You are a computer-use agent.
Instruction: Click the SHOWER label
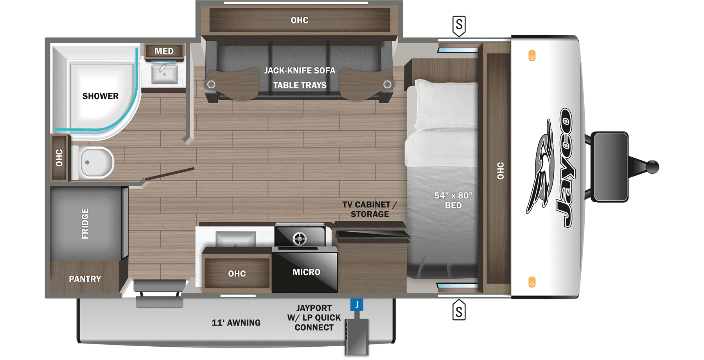[x=100, y=96]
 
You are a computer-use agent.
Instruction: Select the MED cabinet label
[x=164, y=51]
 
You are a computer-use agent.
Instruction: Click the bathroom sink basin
[x=164, y=74]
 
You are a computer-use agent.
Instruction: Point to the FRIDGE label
[x=85, y=223]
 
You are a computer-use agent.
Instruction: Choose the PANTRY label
[x=85, y=279]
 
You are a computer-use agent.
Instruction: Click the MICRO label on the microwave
[x=306, y=272]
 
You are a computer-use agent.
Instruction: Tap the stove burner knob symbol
[x=300, y=238]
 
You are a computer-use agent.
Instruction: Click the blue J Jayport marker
[x=357, y=304]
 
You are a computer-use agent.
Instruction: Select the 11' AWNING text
[x=236, y=323]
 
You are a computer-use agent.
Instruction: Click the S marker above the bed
[x=459, y=25]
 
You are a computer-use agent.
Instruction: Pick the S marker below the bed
[x=459, y=311]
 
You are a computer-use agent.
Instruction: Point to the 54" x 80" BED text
[x=453, y=200]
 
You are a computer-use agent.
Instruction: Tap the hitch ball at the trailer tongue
[x=652, y=167]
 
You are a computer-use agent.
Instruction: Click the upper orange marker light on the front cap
[x=532, y=56]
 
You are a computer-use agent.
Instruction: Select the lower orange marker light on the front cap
[x=532, y=282]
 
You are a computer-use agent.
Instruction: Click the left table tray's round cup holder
[x=211, y=84]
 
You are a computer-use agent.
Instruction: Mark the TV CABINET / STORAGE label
[x=370, y=209]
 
